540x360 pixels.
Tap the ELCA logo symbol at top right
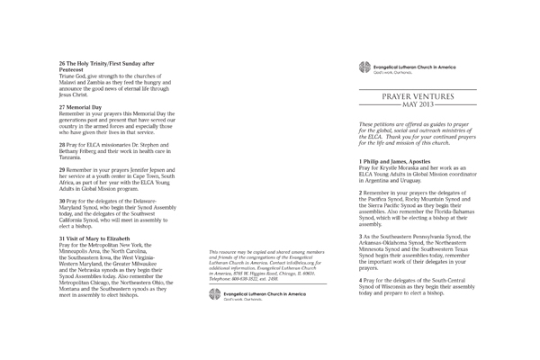point(364,66)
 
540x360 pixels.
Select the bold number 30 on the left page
point(62,199)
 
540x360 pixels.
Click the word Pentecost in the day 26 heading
point(74,69)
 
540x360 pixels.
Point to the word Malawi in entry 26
point(70,82)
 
